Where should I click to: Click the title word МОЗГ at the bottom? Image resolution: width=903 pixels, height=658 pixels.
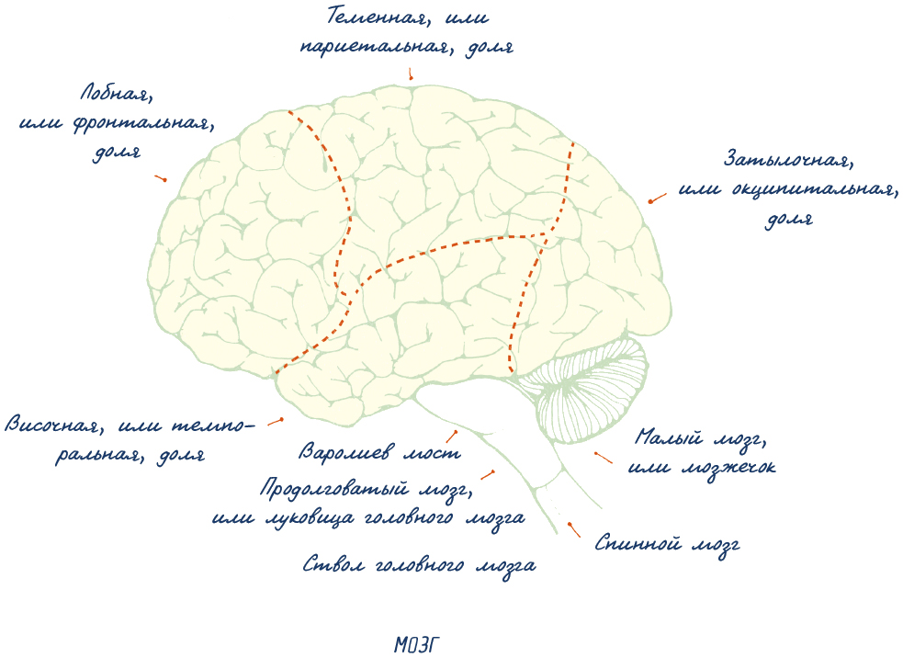click(x=424, y=644)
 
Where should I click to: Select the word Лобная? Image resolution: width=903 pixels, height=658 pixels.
click(x=114, y=94)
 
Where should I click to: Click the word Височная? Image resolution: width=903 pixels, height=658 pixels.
click(x=50, y=425)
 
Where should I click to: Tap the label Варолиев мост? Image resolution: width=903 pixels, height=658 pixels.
click(x=379, y=452)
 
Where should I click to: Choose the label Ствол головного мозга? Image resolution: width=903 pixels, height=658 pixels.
click(x=419, y=565)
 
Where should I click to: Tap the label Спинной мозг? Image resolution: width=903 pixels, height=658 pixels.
click(x=667, y=544)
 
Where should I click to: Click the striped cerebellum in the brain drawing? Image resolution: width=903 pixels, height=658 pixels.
click(x=588, y=386)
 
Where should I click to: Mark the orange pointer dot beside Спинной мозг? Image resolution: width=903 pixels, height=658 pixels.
click(x=570, y=525)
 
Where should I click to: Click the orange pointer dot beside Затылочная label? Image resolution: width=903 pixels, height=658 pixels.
click(x=650, y=201)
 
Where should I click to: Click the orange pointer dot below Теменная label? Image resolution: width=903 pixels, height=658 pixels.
click(x=412, y=78)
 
